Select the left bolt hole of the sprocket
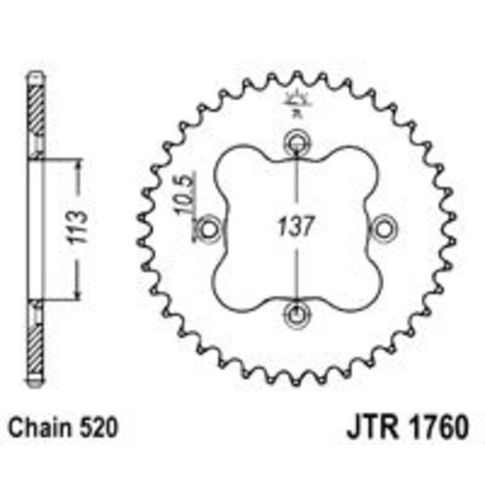pos(210,227)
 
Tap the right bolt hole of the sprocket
pos(384,227)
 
